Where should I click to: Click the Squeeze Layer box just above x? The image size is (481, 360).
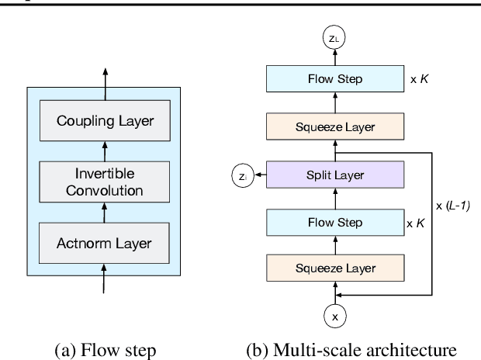coord(335,269)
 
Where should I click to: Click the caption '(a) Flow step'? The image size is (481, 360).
coord(106,347)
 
